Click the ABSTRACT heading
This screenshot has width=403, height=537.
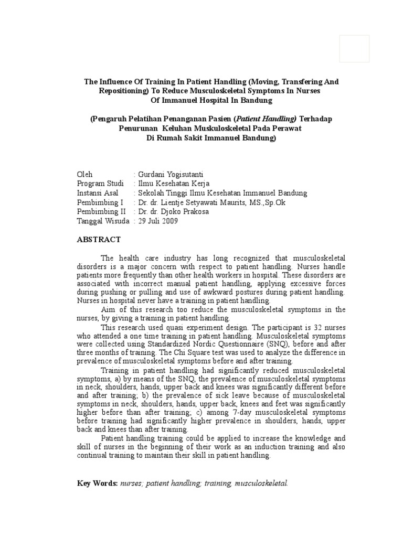click(x=99, y=240)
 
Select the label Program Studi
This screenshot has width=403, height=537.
click(x=100, y=184)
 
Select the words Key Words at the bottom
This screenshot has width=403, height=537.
click(x=97, y=482)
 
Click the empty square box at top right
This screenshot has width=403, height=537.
click(x=354, y=56)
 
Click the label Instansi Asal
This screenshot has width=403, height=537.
click(x=98, y=193)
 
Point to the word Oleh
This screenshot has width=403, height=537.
click(x=84, y=174)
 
